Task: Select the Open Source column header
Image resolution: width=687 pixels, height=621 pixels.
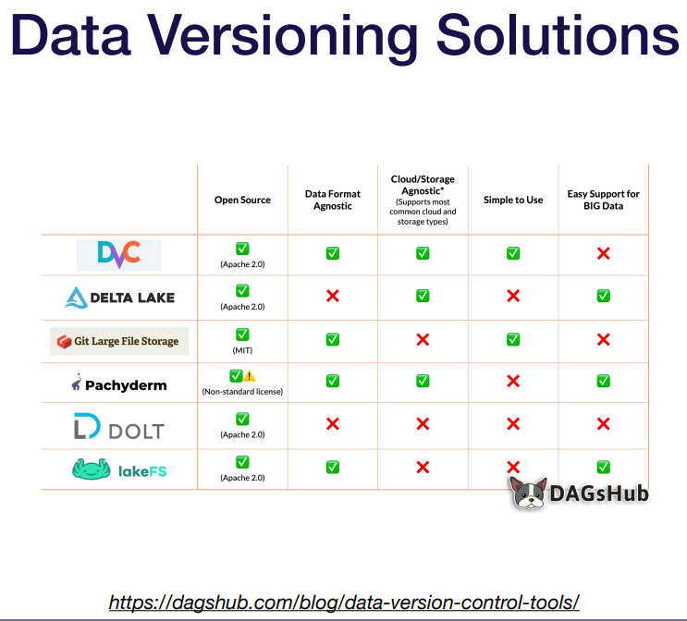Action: [x=242, y=200]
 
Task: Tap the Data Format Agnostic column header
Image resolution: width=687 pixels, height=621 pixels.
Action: [x=333, y=200]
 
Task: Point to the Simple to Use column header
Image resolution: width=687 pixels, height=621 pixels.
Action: [x=513, y=200]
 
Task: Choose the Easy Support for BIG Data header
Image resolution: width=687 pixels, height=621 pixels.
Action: [x=604, y=200]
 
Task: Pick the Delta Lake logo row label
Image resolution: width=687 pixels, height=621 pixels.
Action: [x=119, y=298]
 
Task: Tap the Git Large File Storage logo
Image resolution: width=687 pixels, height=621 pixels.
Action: [x=119, y=341]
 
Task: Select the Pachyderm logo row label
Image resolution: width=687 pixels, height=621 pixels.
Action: [x=119, y=384]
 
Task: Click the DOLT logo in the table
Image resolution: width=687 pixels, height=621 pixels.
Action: [x=119, y=430]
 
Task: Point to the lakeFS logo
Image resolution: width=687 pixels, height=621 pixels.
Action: [x=119, y=471]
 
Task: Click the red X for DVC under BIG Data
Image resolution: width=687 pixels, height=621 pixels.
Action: [x=604, y=253]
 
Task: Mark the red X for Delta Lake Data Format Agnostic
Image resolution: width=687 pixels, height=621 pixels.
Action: [x=333, y=296]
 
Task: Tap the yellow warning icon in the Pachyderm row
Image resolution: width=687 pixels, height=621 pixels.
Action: [x=250, y=377]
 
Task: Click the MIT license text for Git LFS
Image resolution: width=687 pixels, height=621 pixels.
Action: [x=242, y=351]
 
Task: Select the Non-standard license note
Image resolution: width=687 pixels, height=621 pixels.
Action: [x=242, y=392]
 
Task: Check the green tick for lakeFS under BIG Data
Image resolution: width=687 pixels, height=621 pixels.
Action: [x=604, y=468]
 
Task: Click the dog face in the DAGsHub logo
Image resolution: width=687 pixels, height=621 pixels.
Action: [x=529, y=493]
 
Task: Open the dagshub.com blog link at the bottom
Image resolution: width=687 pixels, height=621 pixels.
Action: [x=344, y=603]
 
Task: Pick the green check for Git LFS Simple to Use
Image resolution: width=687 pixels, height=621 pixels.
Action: [x=513, y=339]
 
